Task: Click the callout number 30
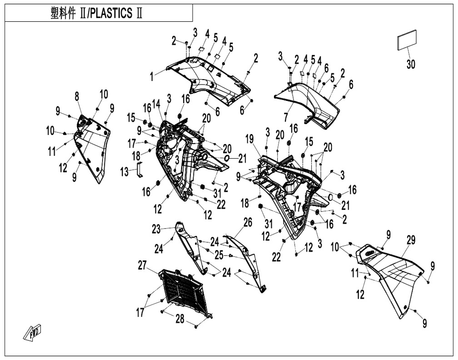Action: click(x=411, y=65)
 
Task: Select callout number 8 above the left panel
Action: click(x=77, y=96)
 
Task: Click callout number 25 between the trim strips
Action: click(x=219, y=256)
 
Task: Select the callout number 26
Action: click(x=248, y=222)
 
